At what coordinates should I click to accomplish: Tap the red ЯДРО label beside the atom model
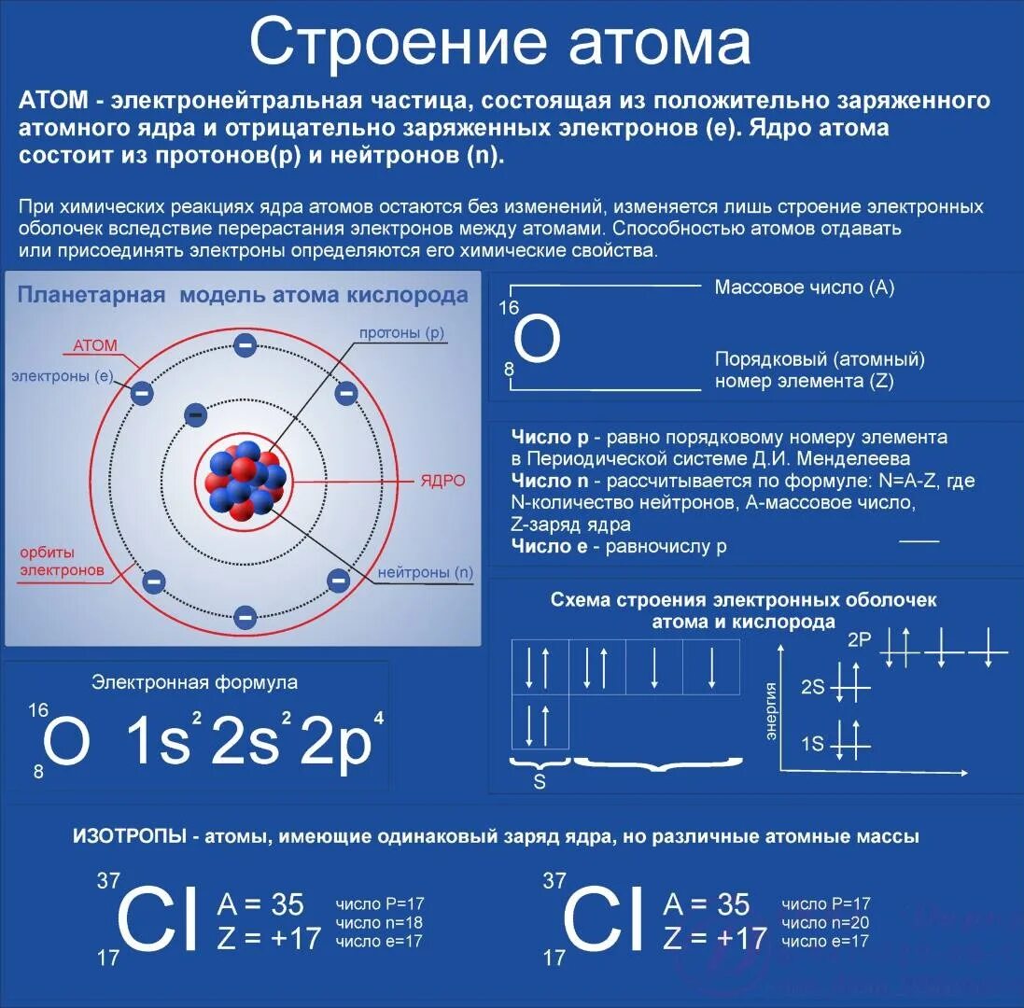[442, 481]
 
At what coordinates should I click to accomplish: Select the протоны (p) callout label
[402, 333]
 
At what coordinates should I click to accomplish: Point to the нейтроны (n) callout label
[426, 572]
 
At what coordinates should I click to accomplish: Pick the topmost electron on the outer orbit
[245, 345]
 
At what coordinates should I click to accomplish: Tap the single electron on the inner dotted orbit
[195, 414]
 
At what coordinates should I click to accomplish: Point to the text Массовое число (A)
[804, 287]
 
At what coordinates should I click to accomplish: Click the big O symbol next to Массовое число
[538, 341]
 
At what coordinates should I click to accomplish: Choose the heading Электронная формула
[194, 682]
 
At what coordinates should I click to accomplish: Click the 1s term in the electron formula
[159, 743]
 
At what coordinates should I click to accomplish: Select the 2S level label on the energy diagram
[813, 688]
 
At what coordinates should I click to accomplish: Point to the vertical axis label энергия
[772, 711]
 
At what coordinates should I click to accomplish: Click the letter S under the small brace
[540, 782]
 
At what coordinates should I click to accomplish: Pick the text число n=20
[825, 922]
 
